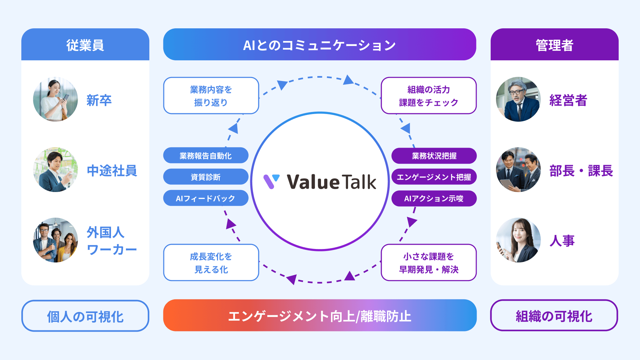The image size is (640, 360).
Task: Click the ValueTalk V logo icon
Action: point(271,182)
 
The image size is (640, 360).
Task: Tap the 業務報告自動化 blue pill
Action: point(206,156)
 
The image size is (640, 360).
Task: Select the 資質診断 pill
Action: point(206,177)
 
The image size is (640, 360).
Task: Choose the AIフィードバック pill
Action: point(206,198)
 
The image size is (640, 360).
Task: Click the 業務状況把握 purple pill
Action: point(434,156)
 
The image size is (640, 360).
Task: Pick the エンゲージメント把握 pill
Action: point(434,177)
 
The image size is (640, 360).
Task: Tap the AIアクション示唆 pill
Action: point(434,198)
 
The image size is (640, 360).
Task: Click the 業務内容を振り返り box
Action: point(211,96)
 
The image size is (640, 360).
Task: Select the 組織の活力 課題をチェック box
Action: point(429,96)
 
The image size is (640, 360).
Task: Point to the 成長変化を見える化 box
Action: point(211,263)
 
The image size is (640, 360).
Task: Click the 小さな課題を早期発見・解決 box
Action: point(429,263)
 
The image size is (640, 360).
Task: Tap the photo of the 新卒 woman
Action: point(55,99)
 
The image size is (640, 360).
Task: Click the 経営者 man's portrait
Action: point(518,99)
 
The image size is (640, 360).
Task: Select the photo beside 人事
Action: point(518,240)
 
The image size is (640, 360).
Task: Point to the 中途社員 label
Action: point(112,171)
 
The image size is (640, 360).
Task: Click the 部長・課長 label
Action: point(581,171)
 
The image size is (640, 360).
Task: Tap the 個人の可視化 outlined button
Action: point(85,316)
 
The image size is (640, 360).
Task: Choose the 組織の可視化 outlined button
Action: point(554,316)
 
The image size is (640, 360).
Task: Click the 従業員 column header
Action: point(85,45)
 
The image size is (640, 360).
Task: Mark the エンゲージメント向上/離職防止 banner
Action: point(320,316)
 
